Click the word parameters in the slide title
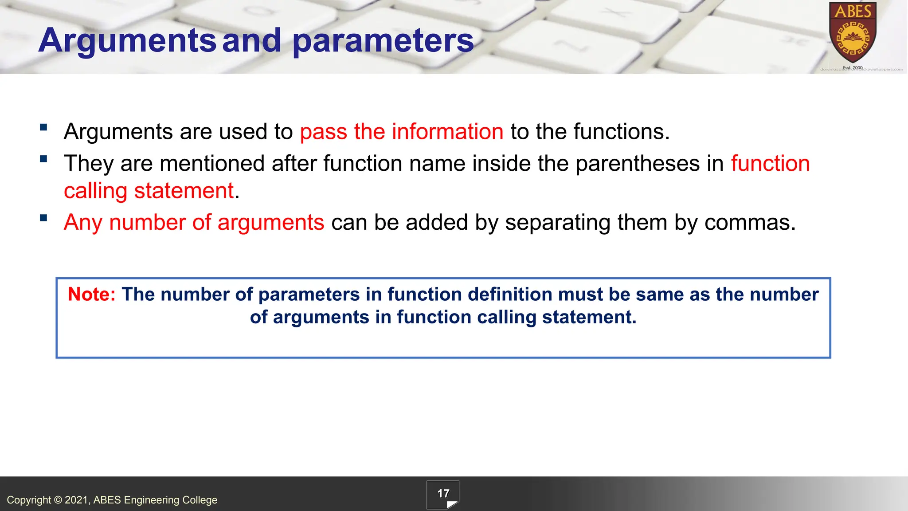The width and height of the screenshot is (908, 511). [x=383, y=41]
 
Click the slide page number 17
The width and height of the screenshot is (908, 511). [x=443, y=494]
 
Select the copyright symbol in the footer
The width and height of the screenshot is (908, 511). [x=58, y=500]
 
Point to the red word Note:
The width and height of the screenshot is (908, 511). [x=92, y=295]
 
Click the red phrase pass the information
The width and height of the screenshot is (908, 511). [x=401, y=132]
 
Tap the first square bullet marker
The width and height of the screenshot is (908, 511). [x=43, y=128]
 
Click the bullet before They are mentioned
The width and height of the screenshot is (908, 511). [x=43, y=159]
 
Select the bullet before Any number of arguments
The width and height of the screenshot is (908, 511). [x=43, y=218]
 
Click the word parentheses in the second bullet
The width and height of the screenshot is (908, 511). [x=638, y=164]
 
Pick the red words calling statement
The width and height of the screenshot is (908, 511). [x=149, y=191]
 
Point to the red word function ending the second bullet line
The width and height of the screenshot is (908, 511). [x=770, y=164]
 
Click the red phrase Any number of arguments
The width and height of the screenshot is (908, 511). [x=194, y=222]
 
